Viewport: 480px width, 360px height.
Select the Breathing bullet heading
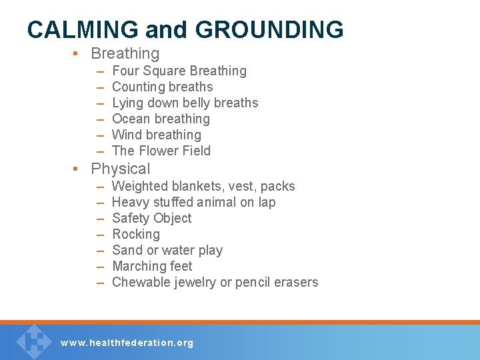point(125,53)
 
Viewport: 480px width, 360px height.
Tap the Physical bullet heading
point(121,169)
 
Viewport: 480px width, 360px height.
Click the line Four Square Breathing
point(179,71)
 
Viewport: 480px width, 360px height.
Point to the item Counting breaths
point(163,87)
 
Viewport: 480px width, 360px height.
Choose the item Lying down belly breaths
point(185,103)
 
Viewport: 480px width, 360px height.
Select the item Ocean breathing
point(161,119)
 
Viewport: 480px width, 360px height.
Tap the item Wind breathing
point(157,135)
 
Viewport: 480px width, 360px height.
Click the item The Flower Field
point(161,151)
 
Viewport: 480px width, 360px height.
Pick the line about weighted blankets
point(203,186)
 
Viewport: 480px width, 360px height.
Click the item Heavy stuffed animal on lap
point(194,202)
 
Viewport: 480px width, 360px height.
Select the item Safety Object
point(152,218)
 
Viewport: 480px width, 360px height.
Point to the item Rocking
point(136,234)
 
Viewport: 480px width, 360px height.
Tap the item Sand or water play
point(167,250)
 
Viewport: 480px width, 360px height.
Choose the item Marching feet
point(152,266)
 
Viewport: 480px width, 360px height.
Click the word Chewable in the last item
point(141,282)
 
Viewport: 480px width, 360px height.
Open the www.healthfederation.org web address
point(127,343)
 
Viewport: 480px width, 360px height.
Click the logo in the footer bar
point(33,341)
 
